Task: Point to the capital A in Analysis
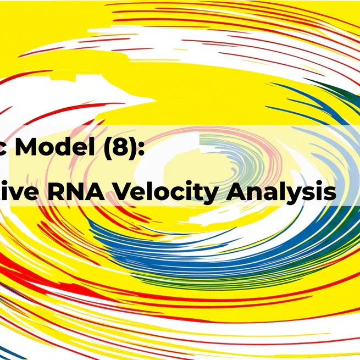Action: click(x=244, y=192)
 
